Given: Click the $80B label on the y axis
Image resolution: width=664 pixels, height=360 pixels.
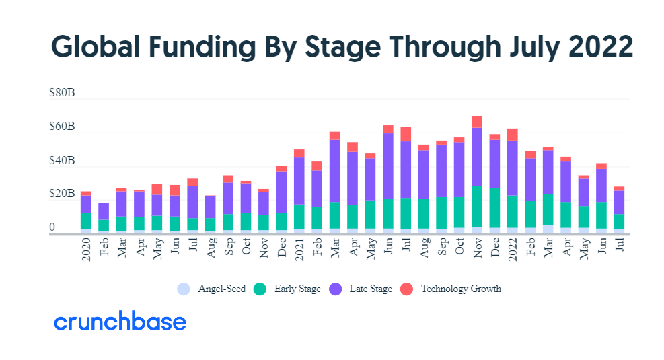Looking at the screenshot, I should (62, 94).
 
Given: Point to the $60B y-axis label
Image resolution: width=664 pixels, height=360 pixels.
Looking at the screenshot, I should (62, 127).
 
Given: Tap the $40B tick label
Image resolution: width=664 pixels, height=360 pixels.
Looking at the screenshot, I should (62, 161).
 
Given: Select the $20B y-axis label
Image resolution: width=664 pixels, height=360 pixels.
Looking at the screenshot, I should (62, 194).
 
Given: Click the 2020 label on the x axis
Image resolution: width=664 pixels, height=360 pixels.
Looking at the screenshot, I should (86, 250).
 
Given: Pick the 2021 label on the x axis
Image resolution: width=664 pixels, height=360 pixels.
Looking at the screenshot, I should (299, 250).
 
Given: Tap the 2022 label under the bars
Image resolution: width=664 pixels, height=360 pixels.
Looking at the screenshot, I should (513, 250).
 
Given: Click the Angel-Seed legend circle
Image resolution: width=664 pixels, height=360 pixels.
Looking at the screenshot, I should (184, 289).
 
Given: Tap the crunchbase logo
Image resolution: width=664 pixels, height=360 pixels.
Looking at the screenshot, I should (120, 322).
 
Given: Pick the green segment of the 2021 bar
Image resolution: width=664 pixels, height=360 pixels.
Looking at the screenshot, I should (299, 216).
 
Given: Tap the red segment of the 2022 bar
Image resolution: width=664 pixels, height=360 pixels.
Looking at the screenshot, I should (513, 135).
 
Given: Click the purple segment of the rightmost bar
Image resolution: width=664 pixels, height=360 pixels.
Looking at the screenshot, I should (619, 202).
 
